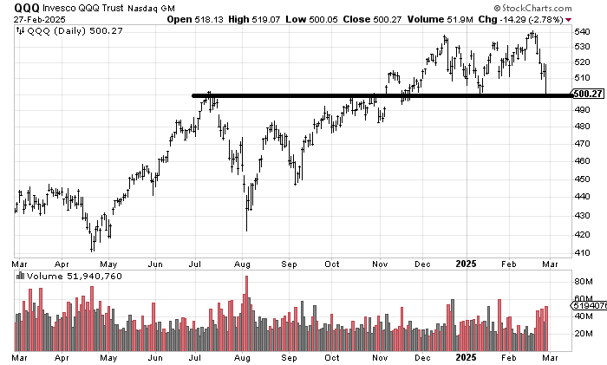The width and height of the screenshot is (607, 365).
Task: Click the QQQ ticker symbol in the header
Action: (26, 7)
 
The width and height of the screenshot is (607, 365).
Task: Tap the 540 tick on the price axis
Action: (584, 31)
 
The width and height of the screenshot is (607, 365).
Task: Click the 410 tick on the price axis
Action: (584, 252)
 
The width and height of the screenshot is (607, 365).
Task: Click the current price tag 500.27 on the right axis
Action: (587, 95)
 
